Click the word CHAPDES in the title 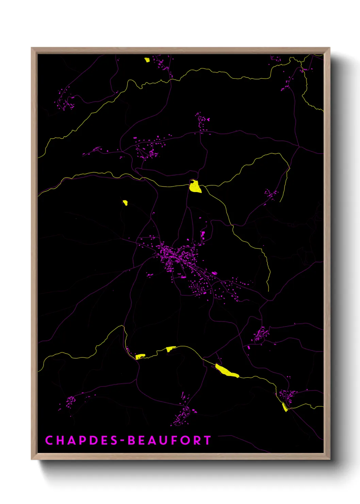81,440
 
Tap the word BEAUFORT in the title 169,440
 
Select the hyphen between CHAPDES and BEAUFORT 122,441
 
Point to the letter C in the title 49,440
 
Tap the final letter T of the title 207,440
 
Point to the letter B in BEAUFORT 131,440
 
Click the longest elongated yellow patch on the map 227,371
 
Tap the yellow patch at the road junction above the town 195,186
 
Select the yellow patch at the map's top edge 147,60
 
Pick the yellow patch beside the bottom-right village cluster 285,407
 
